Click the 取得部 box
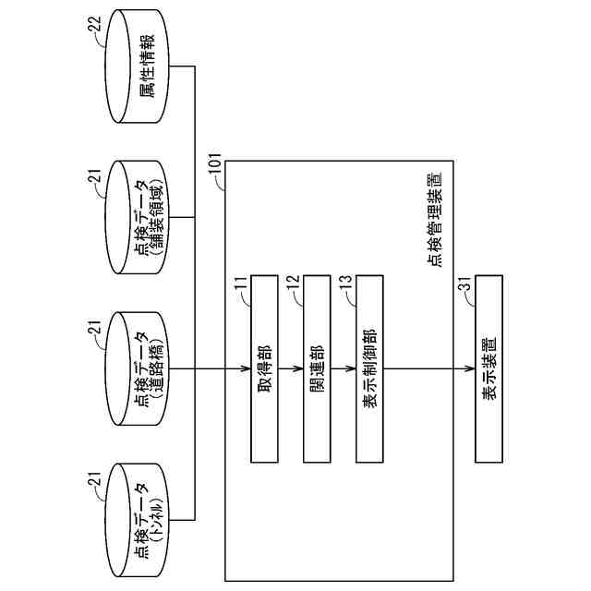click(264, 368)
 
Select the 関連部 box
click(317, 368)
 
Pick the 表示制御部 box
click(368, 368)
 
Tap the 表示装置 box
click(490, 368)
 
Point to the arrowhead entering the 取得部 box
click(247, 369)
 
